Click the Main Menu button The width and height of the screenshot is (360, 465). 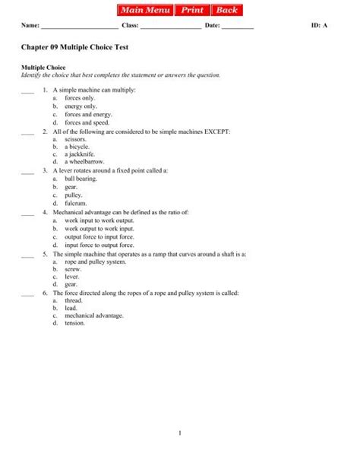pyautogui.click(x=145, y=11)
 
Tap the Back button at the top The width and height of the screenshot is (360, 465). pyautogui.click(x=226, y=11)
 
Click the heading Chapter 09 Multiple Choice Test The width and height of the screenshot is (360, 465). pyautogui.click(x=74, y=47)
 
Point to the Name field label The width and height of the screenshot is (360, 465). pyautogui.click(x=30, y=27)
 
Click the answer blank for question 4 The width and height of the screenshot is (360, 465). pyautogui.click(x=28, y=213)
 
